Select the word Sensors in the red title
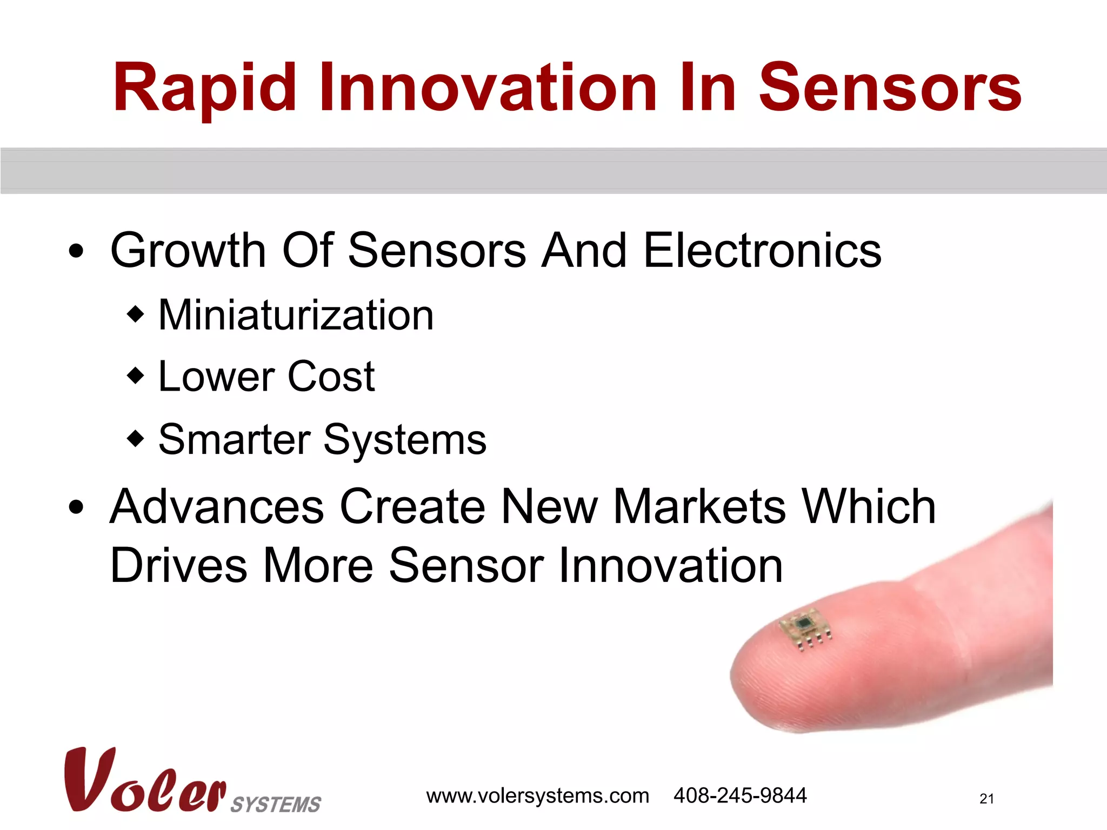coord(890,88)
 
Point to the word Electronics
coord(763,251)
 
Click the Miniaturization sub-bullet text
coord(296,316)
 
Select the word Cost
coord(331,377)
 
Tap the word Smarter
coord(234,439)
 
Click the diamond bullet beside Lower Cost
coord(135,375)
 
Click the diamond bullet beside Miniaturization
coord(135,313)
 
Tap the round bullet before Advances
coord(76,507)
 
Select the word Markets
coord(700,507)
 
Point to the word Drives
coord(178,566)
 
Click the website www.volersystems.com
coord(537,796)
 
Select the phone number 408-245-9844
coord(739,796)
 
